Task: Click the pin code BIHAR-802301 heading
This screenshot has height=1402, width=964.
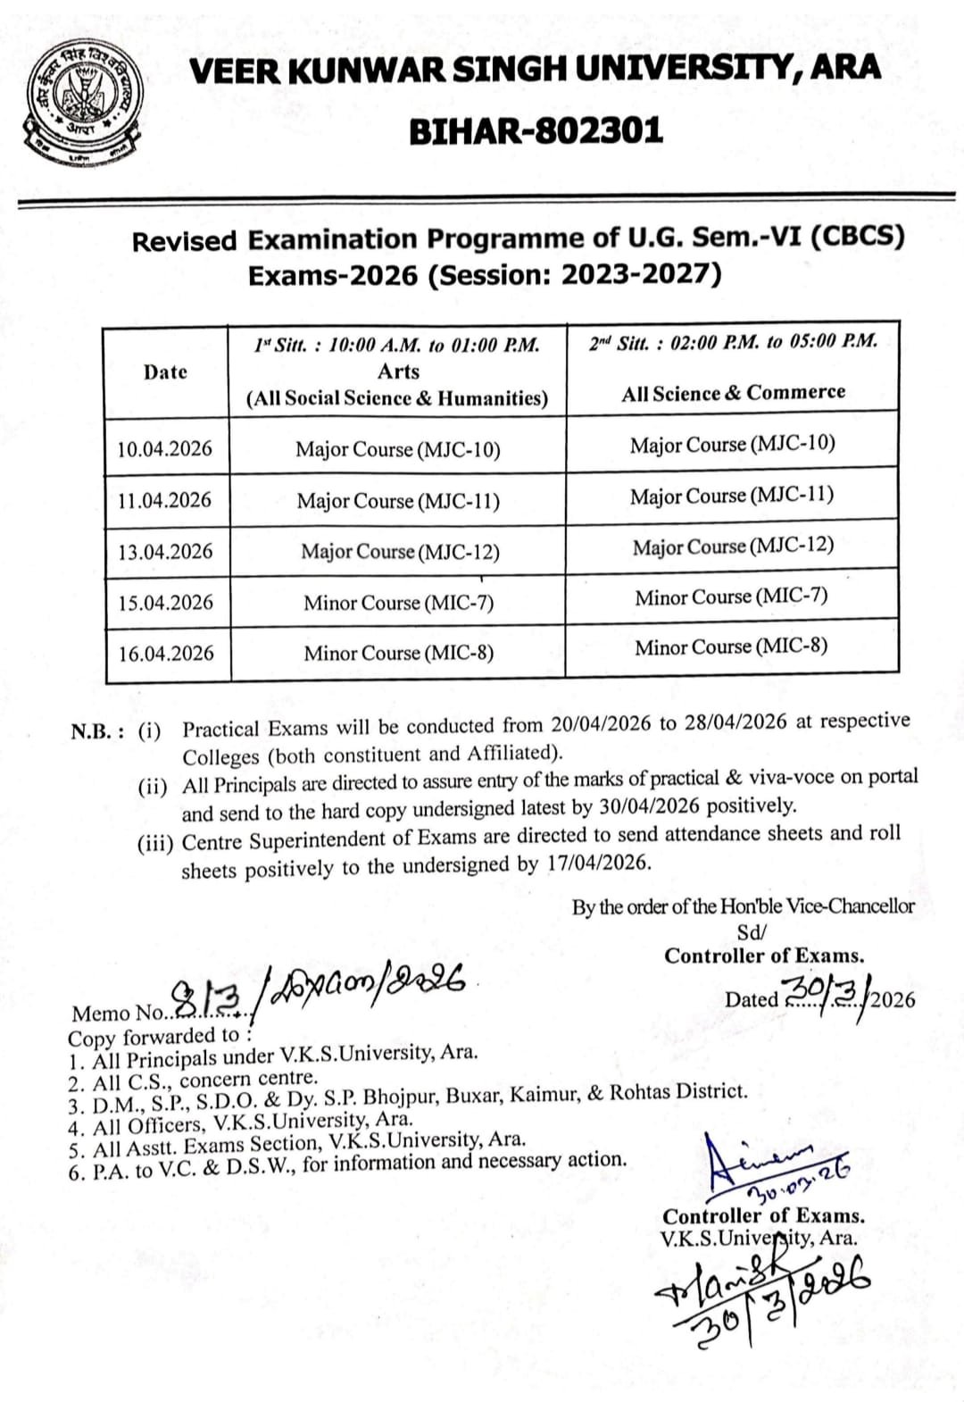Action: click(x=536, y=131)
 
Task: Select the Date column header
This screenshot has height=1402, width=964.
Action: click(x=165, y=371)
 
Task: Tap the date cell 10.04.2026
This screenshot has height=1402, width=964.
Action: click(x=165, y=448)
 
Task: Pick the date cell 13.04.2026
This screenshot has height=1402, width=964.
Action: click(x=166, y=551)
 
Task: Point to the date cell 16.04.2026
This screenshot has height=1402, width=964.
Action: click(x=166, y=653)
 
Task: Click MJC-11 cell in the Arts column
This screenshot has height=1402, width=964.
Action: click(x=398, y=500)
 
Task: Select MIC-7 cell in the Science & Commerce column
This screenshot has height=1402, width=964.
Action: click(x=731, y=597)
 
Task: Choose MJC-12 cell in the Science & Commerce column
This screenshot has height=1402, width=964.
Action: click(x=733, y=546)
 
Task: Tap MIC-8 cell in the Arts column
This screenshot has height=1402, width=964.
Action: click(x=398, y=653)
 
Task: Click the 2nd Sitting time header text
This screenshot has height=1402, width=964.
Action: click(x=733, y=341)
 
